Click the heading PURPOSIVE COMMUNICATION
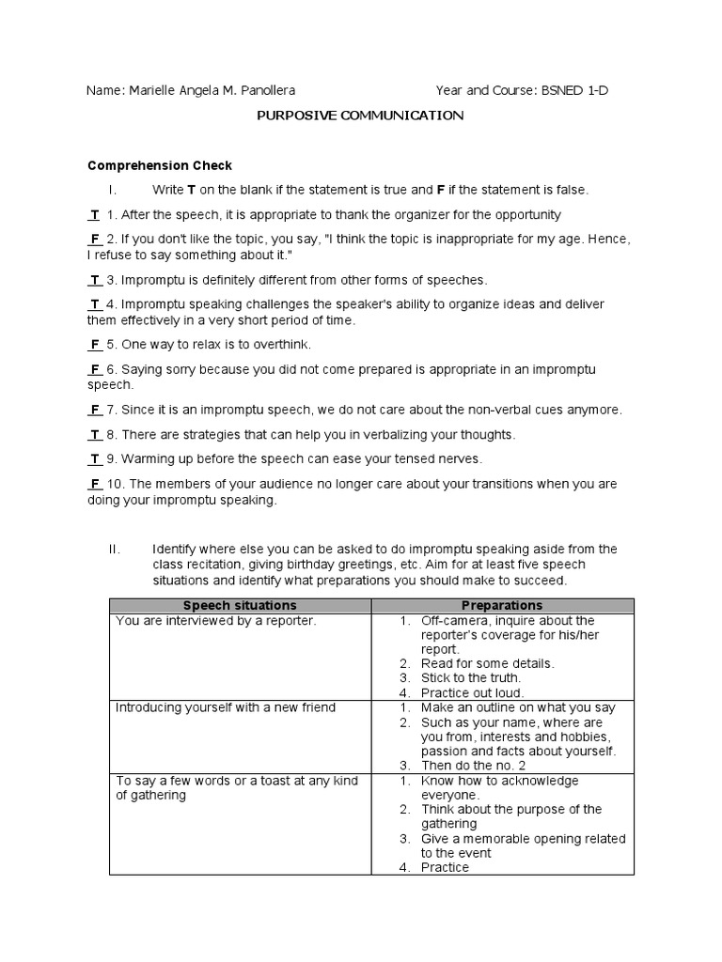[x=361, y=116]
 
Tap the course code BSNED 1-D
[x=580, y=91]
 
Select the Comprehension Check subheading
[x=159, y=165]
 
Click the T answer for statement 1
[x=95, y=214]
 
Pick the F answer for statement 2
[x=95, y=239]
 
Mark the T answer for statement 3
[x=95, y=280]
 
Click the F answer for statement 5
[x=95, y=345]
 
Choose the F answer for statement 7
[x=95, y=411]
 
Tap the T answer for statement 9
[x=95, y=459]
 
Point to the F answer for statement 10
[x=95, y=484]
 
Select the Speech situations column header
[x=240, y=606]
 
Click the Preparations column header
[x=502, y=606]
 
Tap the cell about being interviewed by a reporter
[x=215, y=621]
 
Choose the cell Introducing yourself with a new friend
[x=225, y=707]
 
